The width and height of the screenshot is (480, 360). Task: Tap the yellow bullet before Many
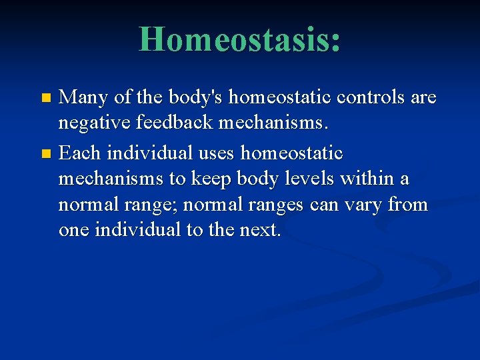(45, 98)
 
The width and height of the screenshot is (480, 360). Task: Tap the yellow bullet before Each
(45, 154)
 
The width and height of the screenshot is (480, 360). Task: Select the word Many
(83, 98)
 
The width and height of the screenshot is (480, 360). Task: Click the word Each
(80, 153)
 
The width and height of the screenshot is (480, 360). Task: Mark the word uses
(215, 153)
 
